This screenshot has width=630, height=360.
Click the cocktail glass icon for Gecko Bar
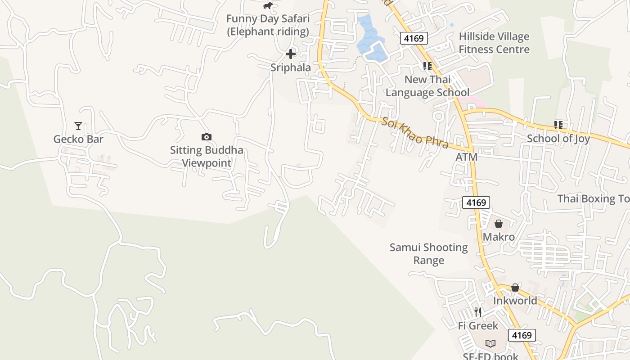click(x=78, y=126)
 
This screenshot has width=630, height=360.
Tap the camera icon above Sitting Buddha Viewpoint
click(x=206, y=137)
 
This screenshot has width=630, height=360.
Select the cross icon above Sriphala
click(x=291, y=54)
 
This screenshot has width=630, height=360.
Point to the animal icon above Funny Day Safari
click(x=268, y=6)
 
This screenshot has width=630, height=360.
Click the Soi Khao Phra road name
click(x=415, y=133)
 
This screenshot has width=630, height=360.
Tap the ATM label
click(x=466, y=157)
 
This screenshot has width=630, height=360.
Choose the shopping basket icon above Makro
click(x=499, y=224)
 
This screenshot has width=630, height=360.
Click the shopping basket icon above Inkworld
click(x=515, y=288)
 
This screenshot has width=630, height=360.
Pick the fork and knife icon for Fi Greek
click(x=478, y=312)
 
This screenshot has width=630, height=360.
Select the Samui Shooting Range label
click(x=429, y=254)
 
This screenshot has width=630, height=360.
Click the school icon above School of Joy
click(x=558, y=125)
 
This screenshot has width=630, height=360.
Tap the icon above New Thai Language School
click(x=427, y=66)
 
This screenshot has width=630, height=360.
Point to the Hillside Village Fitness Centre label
click(x=494, y=43)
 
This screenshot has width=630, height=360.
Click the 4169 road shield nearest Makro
click(x=476, y=202)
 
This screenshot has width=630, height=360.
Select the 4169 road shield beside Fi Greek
click(x=522, y=335)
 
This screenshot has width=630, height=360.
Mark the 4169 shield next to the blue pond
click(x=414, y=38)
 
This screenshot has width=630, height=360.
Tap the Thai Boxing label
click(x=593, y=198)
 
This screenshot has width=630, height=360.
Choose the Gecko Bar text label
click(x=78, y=139)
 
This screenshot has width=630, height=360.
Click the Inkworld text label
click(x=515, y=301)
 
